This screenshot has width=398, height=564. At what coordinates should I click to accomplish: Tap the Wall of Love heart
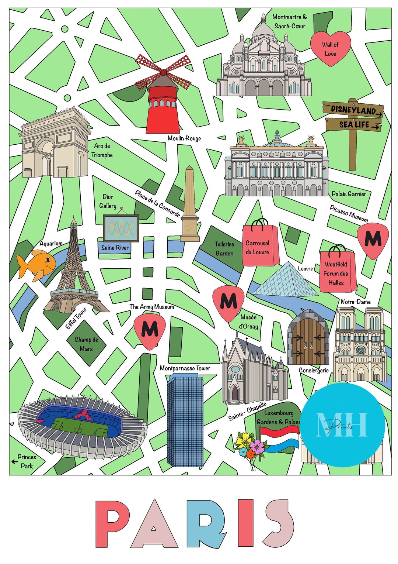point(330,48)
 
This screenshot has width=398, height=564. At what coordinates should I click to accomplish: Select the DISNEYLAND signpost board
point(353,110)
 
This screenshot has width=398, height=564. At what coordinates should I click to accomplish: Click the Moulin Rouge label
point(184,138)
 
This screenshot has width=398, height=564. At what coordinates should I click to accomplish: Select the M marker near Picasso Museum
point(373,239)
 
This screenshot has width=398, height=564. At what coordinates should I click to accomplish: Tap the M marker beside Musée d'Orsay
point(228,301)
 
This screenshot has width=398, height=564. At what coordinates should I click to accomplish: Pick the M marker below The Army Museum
point(150,329)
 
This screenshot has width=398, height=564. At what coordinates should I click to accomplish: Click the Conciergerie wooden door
point(308,338)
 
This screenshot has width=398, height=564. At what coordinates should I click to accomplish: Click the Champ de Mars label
point(86,344)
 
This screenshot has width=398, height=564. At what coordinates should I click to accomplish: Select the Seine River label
point(115,248)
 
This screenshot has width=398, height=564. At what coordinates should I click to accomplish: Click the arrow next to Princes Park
point(15,461)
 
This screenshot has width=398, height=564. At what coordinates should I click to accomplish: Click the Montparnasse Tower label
point(185,368)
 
